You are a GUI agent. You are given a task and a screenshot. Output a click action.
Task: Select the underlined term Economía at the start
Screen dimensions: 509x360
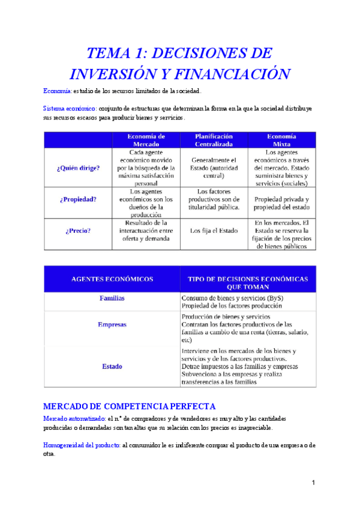coord(57,91)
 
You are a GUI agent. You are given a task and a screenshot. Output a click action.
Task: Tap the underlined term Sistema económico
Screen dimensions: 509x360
coord(70,109)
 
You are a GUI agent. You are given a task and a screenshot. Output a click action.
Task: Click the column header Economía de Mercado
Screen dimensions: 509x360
coord(146,140)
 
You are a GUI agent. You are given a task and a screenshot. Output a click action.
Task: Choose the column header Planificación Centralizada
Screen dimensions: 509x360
coord(214,140)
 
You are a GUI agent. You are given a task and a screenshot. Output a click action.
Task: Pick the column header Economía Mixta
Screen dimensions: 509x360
coord(281,140)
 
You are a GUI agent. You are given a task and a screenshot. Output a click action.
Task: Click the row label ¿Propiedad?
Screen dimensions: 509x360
coord(78,200)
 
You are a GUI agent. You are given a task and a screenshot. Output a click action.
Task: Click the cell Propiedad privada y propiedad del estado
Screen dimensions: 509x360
coord(281,203)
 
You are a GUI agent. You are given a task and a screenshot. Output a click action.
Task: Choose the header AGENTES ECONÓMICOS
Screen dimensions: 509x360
coord(112,279)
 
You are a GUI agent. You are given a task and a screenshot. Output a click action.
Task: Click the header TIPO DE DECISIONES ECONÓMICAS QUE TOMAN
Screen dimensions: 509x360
coord(248,283)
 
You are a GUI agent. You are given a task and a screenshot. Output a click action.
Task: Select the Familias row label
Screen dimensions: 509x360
coord(112,298)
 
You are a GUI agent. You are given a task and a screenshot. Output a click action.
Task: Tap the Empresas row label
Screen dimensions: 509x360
coord(112,324)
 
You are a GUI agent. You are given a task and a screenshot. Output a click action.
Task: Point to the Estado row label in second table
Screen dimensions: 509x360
coord(112,366)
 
